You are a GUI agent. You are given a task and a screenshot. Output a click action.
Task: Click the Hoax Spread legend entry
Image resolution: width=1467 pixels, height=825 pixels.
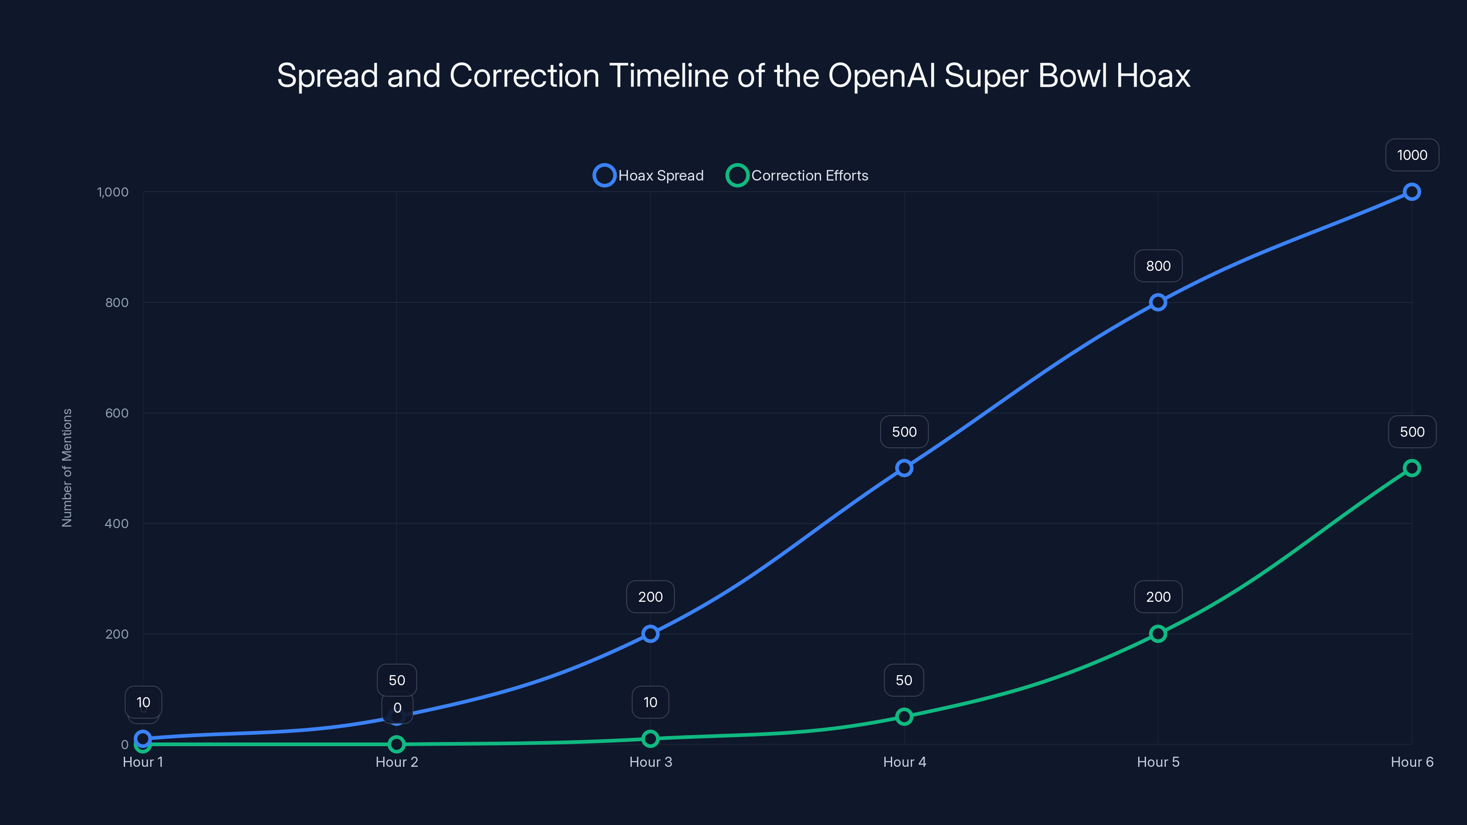tap(649, 176)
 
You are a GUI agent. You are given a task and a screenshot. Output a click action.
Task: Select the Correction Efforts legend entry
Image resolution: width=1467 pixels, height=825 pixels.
tap(797, 176)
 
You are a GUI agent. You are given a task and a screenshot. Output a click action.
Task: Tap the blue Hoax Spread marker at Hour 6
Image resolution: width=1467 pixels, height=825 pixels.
tap(1411, 192)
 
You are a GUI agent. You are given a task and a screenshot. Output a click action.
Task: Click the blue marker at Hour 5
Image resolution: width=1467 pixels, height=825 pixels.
tap(1157, 302)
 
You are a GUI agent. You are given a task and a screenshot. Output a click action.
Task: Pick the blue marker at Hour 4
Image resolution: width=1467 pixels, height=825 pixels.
tap(904, 468)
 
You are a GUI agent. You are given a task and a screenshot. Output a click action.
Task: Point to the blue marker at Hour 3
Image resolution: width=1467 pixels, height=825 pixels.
tap(650, 634)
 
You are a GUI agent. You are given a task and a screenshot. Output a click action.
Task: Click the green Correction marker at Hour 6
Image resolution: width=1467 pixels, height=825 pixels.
tap(1411, 468)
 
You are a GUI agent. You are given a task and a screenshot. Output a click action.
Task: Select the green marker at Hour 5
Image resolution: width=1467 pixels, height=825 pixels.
tap(1157, 634)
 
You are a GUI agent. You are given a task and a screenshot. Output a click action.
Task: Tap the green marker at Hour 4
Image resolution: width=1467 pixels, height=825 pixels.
tap(904, 716)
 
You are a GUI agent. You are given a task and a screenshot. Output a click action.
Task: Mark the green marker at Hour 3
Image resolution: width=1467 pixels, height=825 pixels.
tap(650, 738)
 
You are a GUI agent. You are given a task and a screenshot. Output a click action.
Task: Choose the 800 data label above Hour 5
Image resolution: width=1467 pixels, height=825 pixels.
tap(1158, 266)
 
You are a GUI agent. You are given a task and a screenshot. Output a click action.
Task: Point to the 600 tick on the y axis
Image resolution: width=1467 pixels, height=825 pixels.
tap(117, 413)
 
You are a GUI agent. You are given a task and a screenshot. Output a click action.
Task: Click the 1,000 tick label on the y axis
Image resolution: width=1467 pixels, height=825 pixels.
tap(113, 192)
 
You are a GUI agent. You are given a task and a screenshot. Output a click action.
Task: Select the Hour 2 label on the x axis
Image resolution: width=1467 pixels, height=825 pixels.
tap(397, 762)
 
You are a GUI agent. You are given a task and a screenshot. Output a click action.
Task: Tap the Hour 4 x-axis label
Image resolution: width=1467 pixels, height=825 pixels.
tap(904, 762)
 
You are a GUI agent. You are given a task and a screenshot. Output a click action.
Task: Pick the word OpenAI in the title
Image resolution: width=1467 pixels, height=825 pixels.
tap(882, 76)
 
